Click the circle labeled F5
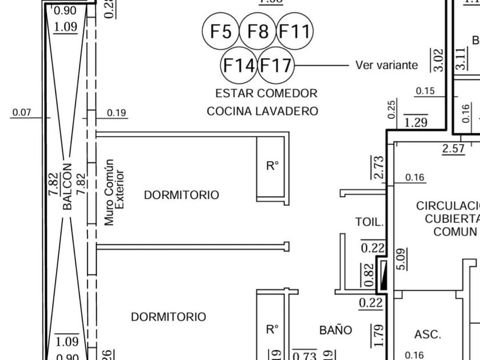click(x=221, y=31)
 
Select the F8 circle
click(x=258, y=31)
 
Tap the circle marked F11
click(x=295, y=31)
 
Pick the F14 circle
click(x=239, y=65)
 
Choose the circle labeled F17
click(x=276, y=65)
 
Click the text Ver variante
click(x=386, y=65)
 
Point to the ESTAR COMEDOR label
click(x=266, y=93)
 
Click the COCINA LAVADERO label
click(x=262, y=111)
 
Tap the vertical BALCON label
click(x=67, y=187)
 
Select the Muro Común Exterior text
click(x=114, y=192)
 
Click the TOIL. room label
click(x=369, y=222)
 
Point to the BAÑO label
click(x=335, y=330)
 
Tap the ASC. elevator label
click(x=427, y=334)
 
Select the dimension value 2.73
click(x=378, y=167)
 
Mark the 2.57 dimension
click(x=454, y=149)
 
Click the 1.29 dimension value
click(x=415, y=122)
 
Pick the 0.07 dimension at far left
click(x=22, y=113)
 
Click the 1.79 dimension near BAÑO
click(x=378, y=335)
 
